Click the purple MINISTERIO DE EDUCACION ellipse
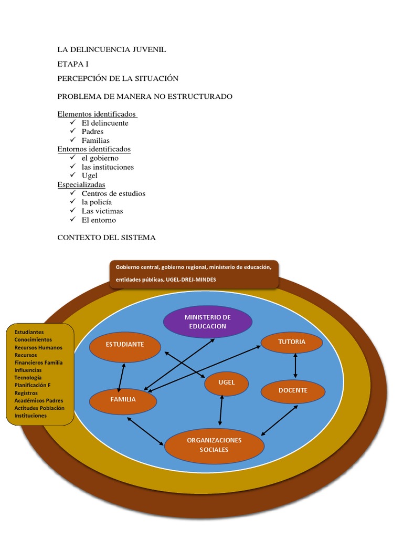pos(208,322)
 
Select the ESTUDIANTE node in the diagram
pos(125,345)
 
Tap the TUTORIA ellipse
pos(292,342)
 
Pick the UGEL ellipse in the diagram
pos(227,382)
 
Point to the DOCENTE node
pos(293,390)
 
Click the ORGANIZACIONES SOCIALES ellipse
pos(214,444)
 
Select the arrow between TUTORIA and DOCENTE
pos(296,365)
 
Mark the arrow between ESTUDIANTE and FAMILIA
pos(122,376)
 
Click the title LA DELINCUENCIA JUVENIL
pos(111,50)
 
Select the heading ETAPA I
pos(73,64)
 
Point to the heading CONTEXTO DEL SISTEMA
pos(107,237)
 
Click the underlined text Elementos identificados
pos(97,114)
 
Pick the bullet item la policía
pos(97,202)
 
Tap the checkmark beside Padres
pos(73,131)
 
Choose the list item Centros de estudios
pos(113,193)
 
